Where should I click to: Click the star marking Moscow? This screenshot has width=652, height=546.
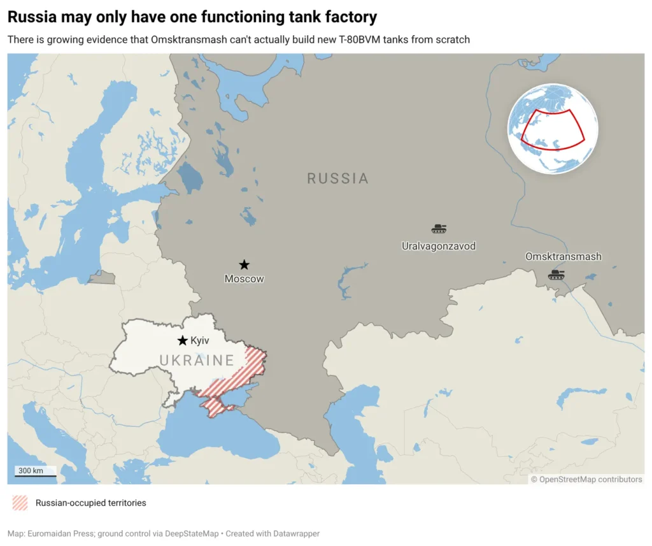(244, 264)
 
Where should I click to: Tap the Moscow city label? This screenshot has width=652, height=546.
(244, 279)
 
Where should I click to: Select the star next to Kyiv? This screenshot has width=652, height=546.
(183, 341)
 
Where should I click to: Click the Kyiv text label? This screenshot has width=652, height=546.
(200, 341)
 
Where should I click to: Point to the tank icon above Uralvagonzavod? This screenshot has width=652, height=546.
(439, 229)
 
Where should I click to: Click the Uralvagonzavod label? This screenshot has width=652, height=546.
(439, 246)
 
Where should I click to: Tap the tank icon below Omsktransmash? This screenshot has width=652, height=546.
(556, 275)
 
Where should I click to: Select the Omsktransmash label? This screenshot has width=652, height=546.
(563, 257)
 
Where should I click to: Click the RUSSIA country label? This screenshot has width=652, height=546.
(337, 178)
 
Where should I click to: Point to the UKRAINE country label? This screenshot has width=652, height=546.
(197, 361)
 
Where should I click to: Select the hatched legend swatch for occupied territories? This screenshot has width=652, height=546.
(20, 503)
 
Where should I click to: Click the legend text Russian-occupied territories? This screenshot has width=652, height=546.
(90, 503)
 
